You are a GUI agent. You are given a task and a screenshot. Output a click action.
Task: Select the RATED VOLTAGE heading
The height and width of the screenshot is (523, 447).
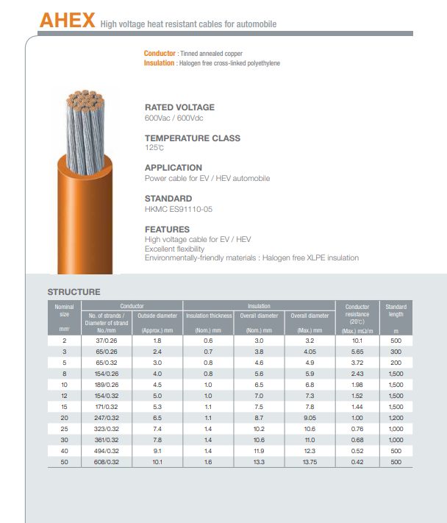tap(179, 107)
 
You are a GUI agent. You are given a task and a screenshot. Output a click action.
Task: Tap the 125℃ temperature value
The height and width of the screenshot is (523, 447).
tap(154, 148)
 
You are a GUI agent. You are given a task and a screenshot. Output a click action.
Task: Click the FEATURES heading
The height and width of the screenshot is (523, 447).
tap(167, 230)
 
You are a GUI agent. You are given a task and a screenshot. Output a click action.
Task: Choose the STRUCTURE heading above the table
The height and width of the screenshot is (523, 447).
tap(74, 292)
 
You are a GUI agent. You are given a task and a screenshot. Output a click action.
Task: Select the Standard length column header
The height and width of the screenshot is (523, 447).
tap(396, 310)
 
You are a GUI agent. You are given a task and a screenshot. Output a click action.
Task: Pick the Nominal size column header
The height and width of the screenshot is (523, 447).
tap(64, 310)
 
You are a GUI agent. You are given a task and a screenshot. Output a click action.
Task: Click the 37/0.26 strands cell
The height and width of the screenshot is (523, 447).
tap(107, 341)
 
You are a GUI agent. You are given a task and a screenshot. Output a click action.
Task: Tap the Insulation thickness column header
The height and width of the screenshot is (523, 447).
tap(209, 316)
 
